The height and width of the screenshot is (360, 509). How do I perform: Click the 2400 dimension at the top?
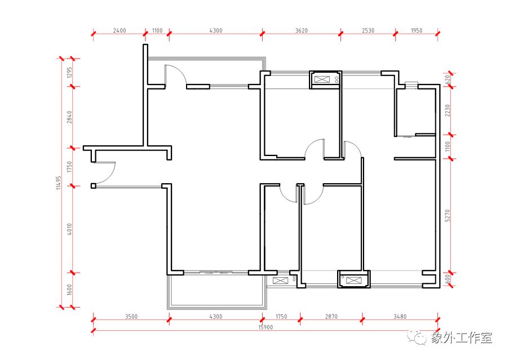tap(119, 30)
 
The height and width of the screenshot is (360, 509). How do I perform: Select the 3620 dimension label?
tap(301, 30)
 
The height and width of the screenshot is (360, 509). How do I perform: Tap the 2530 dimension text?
tap(368, 30)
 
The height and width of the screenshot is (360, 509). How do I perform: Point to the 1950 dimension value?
tap(417, 30)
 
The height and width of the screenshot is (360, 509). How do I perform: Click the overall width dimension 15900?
tap(265, 327)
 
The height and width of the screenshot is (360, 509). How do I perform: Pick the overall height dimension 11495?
tap(59, 183)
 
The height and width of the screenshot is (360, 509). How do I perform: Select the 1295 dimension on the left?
tap(69, 73)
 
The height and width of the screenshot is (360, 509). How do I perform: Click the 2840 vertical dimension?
tap(69, 117)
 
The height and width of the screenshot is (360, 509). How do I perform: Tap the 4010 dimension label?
tap(69, 229)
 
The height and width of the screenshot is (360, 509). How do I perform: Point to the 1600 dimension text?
tap(69, 290)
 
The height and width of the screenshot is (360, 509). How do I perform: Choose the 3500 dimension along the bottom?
tap(131, 317)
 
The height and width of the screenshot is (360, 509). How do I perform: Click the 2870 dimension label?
tap(331, 317)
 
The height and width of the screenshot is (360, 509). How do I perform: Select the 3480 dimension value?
tap(400, 317)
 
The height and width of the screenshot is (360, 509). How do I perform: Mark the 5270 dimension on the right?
tap(448, 215)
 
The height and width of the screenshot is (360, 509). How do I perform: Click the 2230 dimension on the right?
tap(448, 110)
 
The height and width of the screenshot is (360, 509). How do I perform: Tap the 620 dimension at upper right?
tap(448, 80)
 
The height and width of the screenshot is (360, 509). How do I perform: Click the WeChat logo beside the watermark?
tap(418, 338)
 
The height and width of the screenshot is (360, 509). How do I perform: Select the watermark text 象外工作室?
tap(462, 337)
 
